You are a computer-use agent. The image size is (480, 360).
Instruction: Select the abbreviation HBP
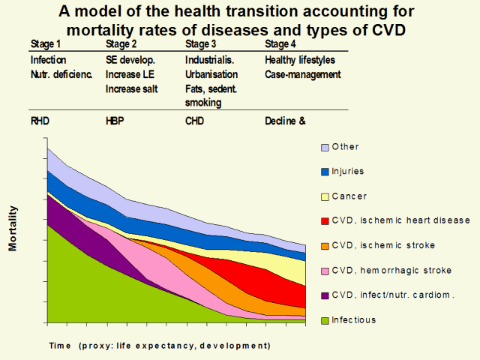point(116,120)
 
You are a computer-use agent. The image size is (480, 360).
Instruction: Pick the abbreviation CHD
point(196,120)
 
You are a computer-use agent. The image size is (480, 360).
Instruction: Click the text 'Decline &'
point(286,120)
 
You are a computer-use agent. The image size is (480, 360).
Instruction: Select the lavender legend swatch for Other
point(325,147)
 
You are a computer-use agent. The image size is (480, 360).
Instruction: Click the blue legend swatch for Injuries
point(325,172)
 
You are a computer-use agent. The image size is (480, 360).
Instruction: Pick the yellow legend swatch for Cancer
point(325,196)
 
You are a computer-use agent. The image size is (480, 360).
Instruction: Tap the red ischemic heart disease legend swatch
point(325,221)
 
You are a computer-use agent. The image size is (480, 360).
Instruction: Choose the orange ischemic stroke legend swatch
point(325,246)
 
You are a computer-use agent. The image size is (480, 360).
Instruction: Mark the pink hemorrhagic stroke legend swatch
point(325,271)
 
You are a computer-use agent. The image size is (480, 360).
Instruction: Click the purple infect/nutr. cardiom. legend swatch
point(325,295)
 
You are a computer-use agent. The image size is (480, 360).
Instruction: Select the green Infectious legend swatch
point(325,320)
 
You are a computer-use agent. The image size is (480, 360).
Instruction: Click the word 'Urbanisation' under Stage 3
point(211,75)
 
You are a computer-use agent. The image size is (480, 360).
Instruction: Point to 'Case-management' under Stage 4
point(303,75)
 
